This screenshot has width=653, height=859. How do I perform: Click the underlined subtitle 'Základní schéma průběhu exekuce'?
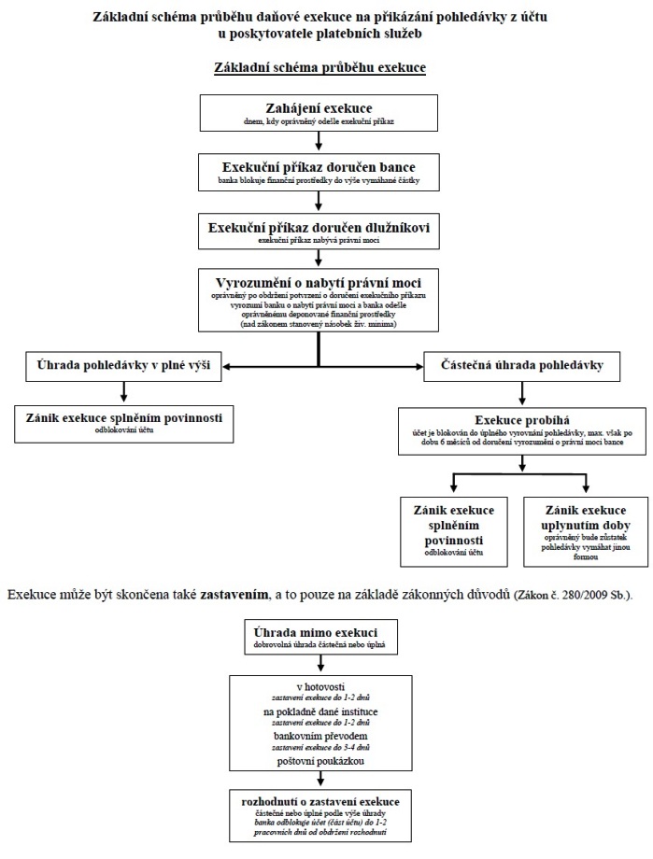tap(319, 68)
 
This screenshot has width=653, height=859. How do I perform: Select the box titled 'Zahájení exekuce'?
tap(319, 113)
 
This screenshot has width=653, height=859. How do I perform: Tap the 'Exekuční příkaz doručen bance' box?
tap(319, 173)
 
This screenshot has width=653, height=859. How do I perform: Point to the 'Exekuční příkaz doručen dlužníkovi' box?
tap(319, 232)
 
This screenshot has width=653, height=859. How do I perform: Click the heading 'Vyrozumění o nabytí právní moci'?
tap(319, 283)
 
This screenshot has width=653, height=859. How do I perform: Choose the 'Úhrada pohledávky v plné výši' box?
tap(123, 366)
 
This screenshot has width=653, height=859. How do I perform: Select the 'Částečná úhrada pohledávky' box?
tap(522, 366)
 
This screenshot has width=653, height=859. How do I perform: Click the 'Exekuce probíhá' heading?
tap(522, 420)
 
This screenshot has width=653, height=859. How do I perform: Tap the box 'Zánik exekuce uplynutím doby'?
tap(586, 531)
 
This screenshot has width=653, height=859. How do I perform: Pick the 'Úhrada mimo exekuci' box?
tap(320, 637)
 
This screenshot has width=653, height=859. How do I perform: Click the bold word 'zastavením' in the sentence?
tap(234, 595)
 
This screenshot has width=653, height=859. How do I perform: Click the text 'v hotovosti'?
tap(320, 687)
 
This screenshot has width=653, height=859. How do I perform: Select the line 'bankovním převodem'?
tap(320, 736)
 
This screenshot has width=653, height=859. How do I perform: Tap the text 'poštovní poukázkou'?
tap(320, 761)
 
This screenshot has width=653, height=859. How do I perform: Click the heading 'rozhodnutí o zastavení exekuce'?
tap(320, 801)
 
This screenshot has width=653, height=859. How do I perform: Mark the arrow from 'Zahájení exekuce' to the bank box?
tap(319, 141)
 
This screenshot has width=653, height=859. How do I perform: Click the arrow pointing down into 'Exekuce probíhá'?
tap(522, 393)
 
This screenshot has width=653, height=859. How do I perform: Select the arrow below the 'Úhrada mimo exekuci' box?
tap(320, 663)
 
